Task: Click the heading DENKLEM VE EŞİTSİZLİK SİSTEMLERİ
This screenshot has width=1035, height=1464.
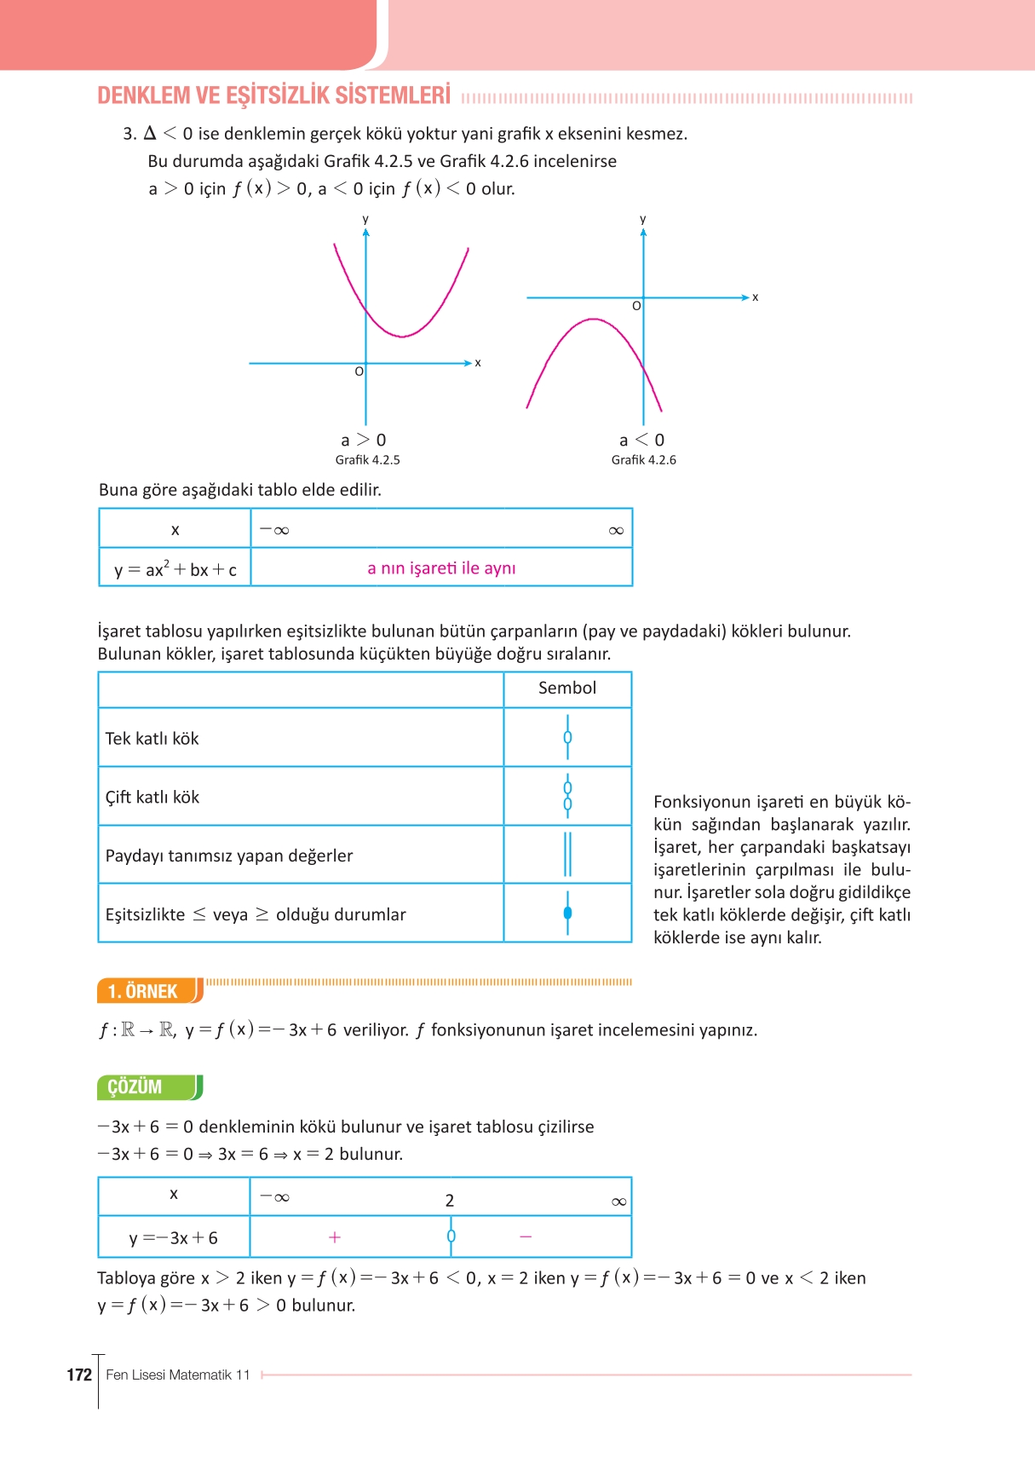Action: tap(273, 95)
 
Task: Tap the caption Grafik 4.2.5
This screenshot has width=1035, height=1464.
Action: tap(367, 460)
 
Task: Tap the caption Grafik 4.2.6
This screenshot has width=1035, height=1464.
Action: tap(643, 460)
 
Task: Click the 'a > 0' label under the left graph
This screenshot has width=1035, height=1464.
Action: tap(363, 441)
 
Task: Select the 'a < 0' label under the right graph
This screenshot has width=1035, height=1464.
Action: tap(641, 441)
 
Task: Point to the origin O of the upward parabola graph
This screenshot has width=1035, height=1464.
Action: tap(359, 372)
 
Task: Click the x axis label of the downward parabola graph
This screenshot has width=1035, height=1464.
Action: tap(755, 297)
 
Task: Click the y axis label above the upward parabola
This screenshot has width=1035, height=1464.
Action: tap(365, 220)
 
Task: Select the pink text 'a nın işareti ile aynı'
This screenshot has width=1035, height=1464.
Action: tap(441, 568)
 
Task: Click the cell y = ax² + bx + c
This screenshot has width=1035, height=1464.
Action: tap(175, 569)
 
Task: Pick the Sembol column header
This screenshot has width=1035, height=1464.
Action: tap(567, 689)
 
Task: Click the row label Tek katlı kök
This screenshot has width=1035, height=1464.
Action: tap(152, 739)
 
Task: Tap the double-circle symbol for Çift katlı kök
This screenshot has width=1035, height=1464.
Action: tap(567, 796)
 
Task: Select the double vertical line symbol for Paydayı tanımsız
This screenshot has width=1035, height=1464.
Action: tap(567, 854)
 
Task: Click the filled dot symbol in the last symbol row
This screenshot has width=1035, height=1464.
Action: tap(567, 913)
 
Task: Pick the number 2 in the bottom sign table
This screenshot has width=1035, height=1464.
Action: tap(450, 1201)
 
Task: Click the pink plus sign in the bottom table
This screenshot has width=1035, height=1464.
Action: tap(335, 1237)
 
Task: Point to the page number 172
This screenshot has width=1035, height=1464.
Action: tap(79, 1375)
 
